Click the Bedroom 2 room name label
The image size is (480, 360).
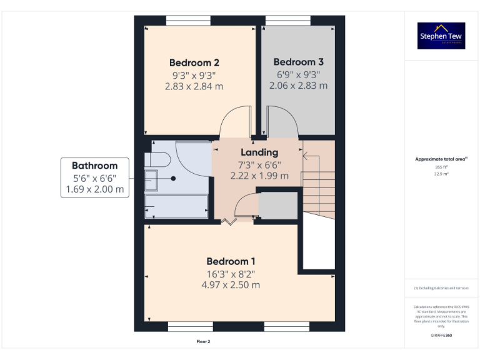click(x=194, y=62)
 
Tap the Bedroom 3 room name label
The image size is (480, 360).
click(x=298, y=62)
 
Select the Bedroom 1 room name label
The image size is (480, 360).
click(x=231, y=261)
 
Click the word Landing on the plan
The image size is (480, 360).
click(x=259, y=152)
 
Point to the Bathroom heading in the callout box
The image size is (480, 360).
click(x=94, y=166)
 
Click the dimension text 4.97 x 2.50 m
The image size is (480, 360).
click(x=231, y=285)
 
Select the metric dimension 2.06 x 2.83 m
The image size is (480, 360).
click(x=298, y=86)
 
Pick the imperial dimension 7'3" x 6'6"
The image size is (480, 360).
click(x=259, y=165)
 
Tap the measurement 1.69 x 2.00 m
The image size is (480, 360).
click(x=94, y=189)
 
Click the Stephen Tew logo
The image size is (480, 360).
click(x=441, y=36)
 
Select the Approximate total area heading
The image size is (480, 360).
click(x=441, y=159)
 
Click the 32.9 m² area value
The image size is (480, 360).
click(x=441, y=174)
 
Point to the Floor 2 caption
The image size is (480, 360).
click(x=204, y=342)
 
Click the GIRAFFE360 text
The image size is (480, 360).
click(x=441, y=336)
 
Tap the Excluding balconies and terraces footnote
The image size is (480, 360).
click(x=441, y=287)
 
